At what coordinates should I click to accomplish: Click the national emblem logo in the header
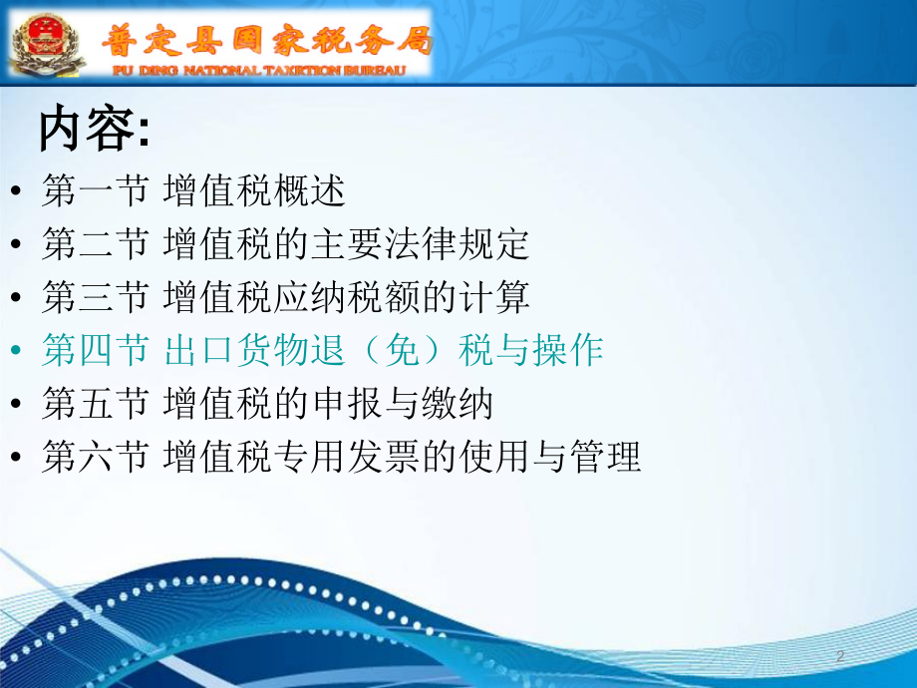point(48,43)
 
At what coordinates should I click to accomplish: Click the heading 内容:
point(95,129)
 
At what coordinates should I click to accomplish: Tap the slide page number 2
point(840,656)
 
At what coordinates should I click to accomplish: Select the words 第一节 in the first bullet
point(94,190)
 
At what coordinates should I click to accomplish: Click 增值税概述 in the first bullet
point(254,190)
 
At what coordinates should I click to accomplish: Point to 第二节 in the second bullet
point(94,243)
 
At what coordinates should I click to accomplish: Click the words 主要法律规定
point(420,243)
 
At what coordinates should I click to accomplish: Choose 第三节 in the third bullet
point(94,296)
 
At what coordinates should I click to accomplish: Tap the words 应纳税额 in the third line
point(346,296)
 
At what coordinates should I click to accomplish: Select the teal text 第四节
point(94,350)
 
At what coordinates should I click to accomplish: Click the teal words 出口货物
point(236,350)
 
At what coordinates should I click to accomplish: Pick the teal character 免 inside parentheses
point(402,350)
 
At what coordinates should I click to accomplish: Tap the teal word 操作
point(567,350)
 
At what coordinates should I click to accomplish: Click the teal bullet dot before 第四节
point(16,350)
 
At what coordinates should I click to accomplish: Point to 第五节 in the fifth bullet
point(94,403)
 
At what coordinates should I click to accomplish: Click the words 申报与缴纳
point(402,403)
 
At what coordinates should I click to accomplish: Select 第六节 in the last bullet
point(94,457)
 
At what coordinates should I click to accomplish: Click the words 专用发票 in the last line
point(346,457)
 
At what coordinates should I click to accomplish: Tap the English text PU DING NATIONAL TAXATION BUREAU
point(259,71)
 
